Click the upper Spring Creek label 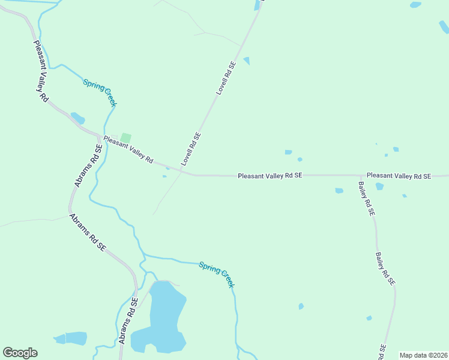(100, 93)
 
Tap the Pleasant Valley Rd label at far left (40, 71)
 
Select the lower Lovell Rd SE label (190, 149)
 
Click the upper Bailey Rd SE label (366, 199)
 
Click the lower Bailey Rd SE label (385, 268)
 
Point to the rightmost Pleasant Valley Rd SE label (399, 176)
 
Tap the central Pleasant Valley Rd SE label (270, 176)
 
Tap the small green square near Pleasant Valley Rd (125, 138)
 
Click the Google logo (20, 353)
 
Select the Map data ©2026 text (423, 355)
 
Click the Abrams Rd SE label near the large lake (128, 322)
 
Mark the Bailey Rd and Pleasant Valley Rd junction (360, 176)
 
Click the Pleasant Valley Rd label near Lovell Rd (128, 151)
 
